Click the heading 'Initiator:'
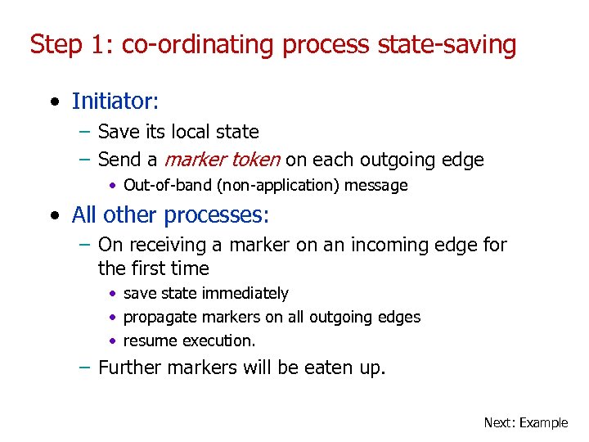point(115,101)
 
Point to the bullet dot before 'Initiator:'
point(54,102)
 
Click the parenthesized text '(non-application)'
point(278,186)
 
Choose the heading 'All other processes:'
point(170,215)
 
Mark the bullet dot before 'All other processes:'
point(54,216)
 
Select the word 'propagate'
point(158,317)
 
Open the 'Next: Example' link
point(525,422)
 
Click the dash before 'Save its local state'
point(86,132)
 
